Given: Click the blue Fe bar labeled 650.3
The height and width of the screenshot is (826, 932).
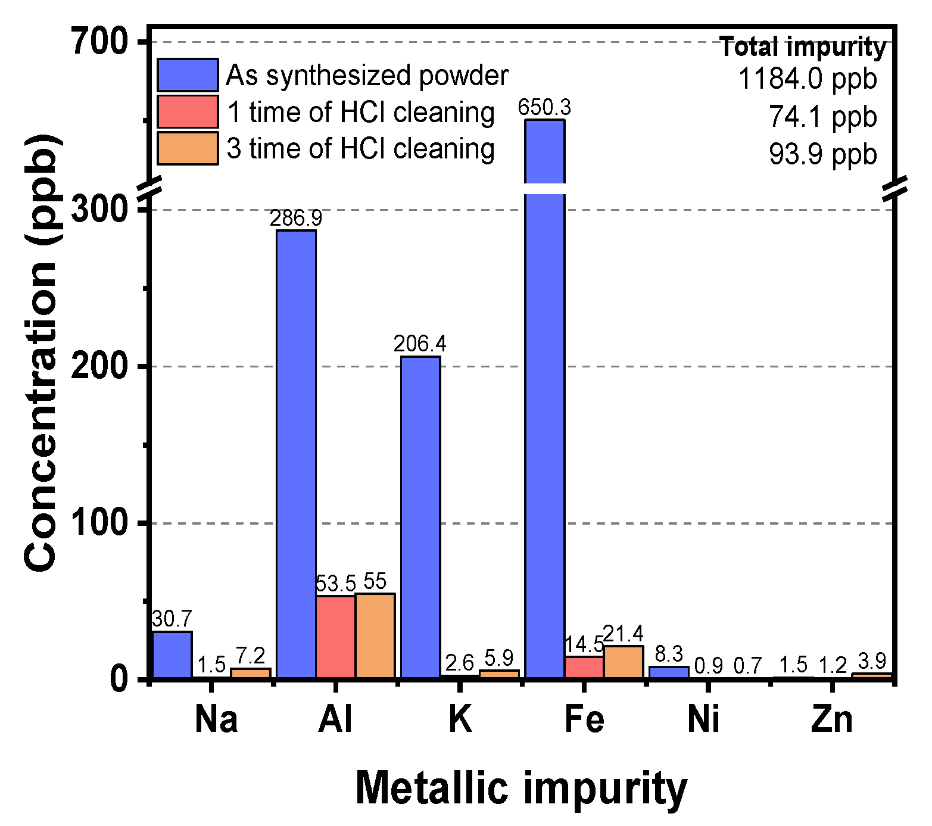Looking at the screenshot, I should pyautogui.click(x=544, y=417).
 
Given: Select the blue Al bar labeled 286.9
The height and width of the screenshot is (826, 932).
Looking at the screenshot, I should pyautogui.click(x=296, y=453).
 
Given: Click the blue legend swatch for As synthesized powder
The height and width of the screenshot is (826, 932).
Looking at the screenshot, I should pyautogui.click(x=188, y=75).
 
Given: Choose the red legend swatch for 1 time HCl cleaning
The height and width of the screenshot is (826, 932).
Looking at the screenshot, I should pyautogui.click(x=188, y=112).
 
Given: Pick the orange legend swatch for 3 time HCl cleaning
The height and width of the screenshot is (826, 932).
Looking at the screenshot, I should pyautogui.click(x=188, y=148).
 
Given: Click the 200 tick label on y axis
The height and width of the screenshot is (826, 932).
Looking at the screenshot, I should pyautogui.click(x=100, y=366).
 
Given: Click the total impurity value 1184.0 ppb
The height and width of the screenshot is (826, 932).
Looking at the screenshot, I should pyautogui.click(x=808, y=79).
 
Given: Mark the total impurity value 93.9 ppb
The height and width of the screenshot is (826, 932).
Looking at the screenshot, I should pyautogui.click(x=822, y=154).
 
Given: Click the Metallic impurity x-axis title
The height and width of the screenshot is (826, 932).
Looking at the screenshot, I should pyautogui.click(x=521, y=788).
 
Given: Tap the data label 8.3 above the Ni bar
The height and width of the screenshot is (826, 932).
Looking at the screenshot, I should pyautogui.click(x=669, y=654).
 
